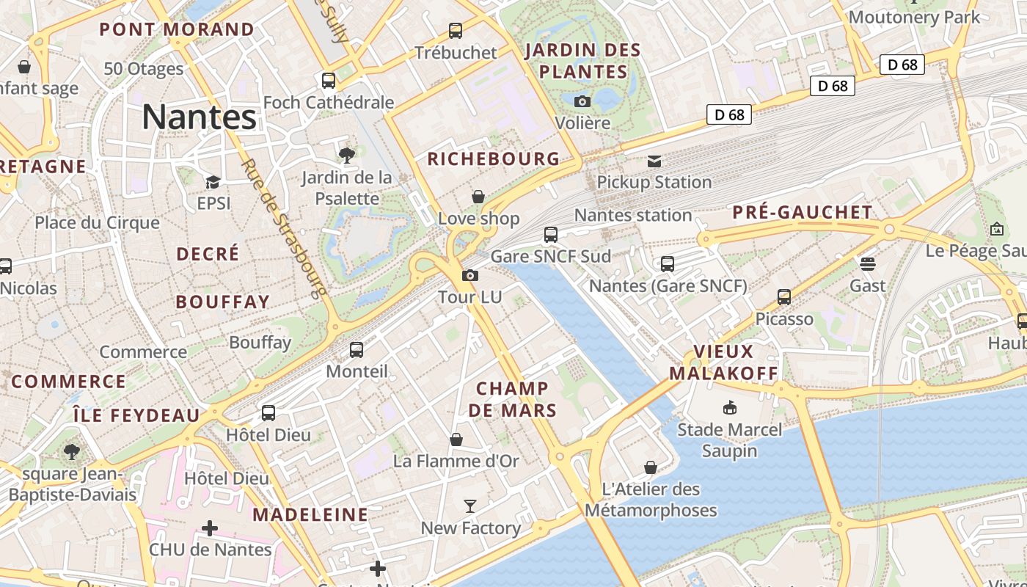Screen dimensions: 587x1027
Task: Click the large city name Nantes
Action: pos(199,117)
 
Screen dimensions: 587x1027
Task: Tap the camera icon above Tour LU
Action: pos(470,276)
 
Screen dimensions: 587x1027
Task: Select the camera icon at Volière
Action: pos(582,101)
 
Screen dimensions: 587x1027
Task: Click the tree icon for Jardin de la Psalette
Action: pos(347,155)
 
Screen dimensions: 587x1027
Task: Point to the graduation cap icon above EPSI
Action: pos(213,182)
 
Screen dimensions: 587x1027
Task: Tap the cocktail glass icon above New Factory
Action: pos(470,506)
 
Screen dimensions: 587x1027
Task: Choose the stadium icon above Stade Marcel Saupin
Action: pos(729,408)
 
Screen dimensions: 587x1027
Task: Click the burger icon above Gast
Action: pos(868,263)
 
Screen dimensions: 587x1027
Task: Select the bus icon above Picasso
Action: pos(784,297)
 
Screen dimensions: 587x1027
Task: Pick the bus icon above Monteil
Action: pos(357,349)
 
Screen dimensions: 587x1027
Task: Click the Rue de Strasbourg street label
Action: pos(282,227)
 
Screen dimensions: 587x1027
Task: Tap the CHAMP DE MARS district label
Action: pos(513,399)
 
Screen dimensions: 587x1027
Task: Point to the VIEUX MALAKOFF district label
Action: pos(723,362)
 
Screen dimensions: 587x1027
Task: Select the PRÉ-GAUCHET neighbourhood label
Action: pos(803,213)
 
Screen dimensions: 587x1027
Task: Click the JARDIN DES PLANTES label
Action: pos(583,61)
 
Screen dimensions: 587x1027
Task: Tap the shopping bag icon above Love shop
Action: pos(478,197)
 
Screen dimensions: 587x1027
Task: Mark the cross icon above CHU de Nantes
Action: pos(210,528)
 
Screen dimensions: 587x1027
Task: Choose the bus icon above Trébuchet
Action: pos(456,31)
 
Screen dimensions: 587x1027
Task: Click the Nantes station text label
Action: pos(633,215)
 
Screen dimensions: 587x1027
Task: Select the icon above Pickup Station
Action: pos(654,161)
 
